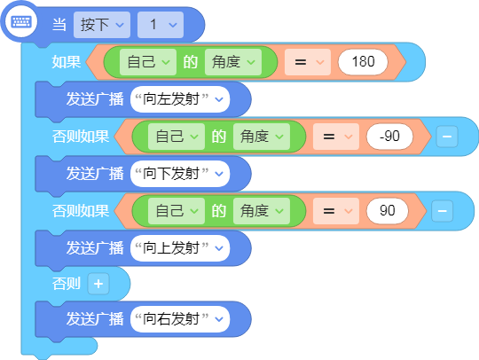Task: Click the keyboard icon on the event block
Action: click(x=20, y=22)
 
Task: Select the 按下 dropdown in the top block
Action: click(x=102, y=25)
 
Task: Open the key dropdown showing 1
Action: click(x=161, y=25)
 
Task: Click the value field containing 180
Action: click(x=363, y=62)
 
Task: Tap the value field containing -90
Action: click(x=389, y=137)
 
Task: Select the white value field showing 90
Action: click(x=388, y=211)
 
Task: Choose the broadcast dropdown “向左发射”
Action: click(x=180, y=99)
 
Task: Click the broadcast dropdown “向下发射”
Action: click(x=180, y=174)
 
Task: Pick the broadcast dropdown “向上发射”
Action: click(x=180, y=248)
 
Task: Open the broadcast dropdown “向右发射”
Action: click(x=180, y=319)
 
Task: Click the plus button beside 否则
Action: click(x=98, y=284)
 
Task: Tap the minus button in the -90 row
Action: click(x=447, y=137)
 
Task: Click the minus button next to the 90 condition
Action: click(x=442, y=211)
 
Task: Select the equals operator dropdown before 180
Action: click(x=308, y=62)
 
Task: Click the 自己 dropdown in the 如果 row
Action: click(x=148, y=62)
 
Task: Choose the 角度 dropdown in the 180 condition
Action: click(x=233, y=62)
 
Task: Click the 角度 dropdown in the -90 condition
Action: click(x=262, y=137)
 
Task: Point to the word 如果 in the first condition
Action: click(x=67, y=62)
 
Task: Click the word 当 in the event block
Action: click(x=59, y=25)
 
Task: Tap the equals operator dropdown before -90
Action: click(x=336, y=137)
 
